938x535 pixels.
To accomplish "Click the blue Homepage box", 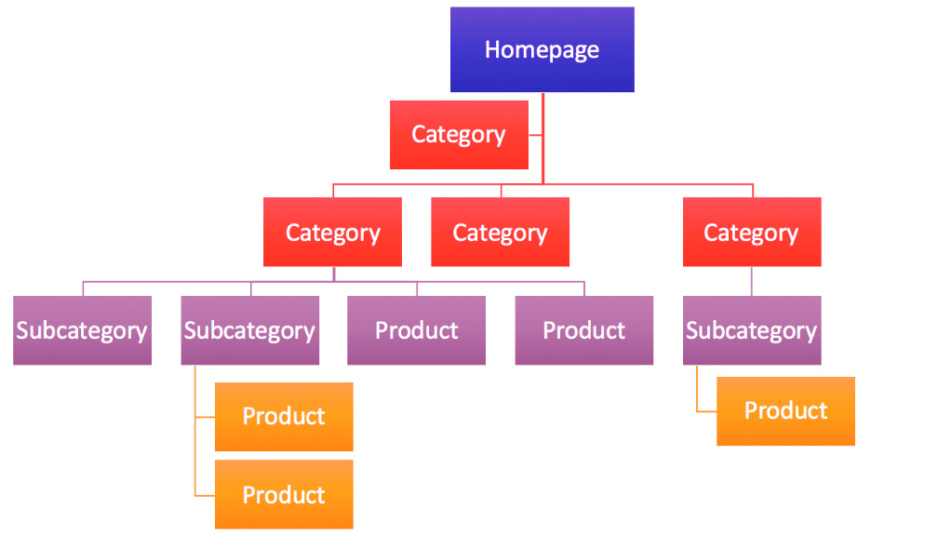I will coord(542,49).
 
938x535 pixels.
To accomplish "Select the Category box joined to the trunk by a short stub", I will coord(459,135).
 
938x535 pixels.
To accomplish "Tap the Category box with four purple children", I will coord(332,232).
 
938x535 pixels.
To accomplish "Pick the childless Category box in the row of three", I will coord(500,232).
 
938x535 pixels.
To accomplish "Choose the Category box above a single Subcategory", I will coord(751,232).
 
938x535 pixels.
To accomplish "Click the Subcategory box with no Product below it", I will coord(82,330).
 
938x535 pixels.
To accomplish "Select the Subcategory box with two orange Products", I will coord(249,330).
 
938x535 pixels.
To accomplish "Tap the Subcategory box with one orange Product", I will coord(751,330).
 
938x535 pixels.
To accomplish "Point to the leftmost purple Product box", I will coord(416,330).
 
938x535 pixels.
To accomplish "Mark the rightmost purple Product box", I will coord(583,330).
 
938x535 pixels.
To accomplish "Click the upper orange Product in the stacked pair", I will coord(284,416).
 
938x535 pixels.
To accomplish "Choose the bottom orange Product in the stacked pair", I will coord(284,494).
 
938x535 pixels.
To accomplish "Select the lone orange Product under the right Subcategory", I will coord(785,410).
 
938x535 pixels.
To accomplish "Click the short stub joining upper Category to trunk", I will coord(535,136).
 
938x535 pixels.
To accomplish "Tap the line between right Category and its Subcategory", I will coord(752,281).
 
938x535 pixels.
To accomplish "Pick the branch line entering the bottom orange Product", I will coord(205,494).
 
